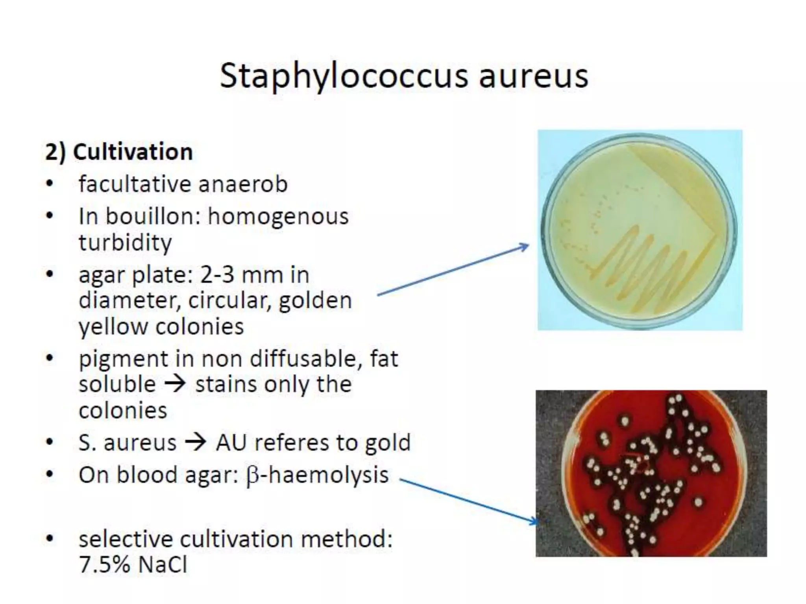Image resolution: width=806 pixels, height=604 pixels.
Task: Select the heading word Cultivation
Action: point(133,152)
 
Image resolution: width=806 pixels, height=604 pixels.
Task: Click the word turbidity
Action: point(125,243)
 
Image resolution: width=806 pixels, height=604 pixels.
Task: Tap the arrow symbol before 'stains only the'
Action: point(175,384)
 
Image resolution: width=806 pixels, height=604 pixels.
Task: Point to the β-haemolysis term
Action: point(317,475)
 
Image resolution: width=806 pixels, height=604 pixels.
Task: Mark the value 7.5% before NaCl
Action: point(105,565)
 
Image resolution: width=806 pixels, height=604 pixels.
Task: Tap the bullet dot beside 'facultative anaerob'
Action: point(49,184)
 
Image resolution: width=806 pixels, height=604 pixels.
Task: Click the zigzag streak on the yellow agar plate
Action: point(653,267)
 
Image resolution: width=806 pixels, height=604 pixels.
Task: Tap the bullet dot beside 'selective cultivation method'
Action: point(49,539)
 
